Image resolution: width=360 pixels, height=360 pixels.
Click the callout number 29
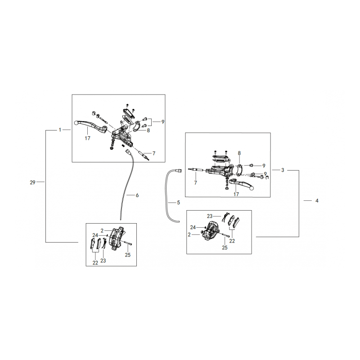(x=32, y=182)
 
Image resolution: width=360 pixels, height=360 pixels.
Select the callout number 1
(x=60, y=130)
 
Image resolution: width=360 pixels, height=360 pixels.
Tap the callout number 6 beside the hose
(x=137, y=195)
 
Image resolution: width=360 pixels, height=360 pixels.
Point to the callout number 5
(x=178, y=203)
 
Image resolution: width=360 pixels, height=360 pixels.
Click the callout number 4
(x=317, y=201)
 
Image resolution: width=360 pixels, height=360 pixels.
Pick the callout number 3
(x=283, y=170)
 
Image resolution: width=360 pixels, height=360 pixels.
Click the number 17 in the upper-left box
(x=87, y=138)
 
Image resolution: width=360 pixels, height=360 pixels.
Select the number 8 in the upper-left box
(x=148, y=130)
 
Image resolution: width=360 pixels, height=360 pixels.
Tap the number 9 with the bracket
(x=163, y=122)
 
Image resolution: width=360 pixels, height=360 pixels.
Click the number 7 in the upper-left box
(x=154, y=153)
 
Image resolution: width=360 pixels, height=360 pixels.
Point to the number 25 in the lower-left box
(x=128, y=255)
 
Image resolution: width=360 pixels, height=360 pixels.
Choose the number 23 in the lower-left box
(x=103, y=261)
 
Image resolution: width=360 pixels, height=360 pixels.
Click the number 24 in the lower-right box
(x=193, y=227)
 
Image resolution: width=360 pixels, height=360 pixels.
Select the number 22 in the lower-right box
(x=232, y=241)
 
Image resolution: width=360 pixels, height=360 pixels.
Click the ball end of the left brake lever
(x=76, y=123)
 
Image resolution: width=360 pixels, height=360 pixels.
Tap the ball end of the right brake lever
(x=252, y=188)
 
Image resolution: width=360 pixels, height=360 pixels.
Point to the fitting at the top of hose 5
(x=178, y=171)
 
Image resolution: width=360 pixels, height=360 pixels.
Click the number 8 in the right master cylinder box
(x=239, y=153)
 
